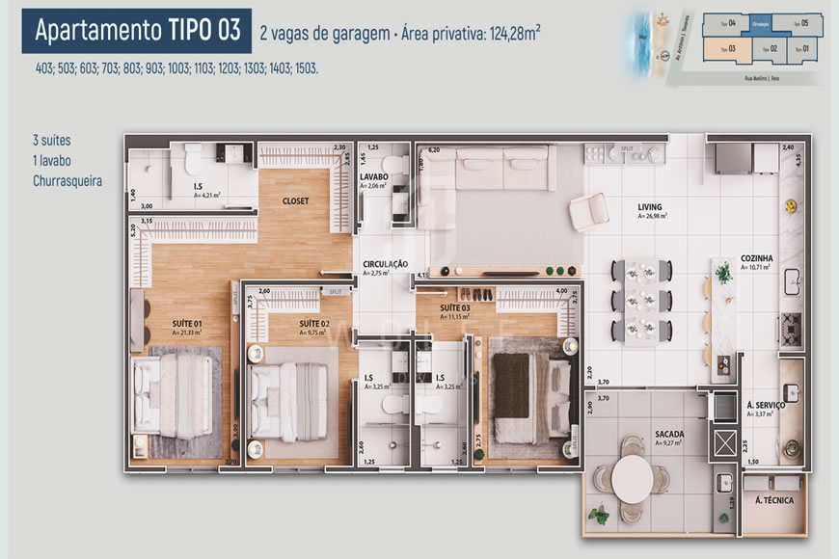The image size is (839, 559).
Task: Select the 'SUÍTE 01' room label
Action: click(x=186, y=323)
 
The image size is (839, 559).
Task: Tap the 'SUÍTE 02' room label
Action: click(x=314, y=323)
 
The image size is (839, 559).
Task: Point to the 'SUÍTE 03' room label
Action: click(x=455, y=308)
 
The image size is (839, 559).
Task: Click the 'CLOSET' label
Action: click(x=295, y=201)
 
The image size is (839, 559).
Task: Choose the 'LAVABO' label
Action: click(x=373, y=177)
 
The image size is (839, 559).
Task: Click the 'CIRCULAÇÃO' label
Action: click(x=385, y=264)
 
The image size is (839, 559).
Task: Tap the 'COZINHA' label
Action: click(x=759, y=258)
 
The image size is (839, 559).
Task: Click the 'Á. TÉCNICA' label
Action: click(x=772, y=500)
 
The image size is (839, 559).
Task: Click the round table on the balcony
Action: click(x=632, y=476)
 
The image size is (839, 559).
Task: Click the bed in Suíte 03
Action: click(x=526, y=394)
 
